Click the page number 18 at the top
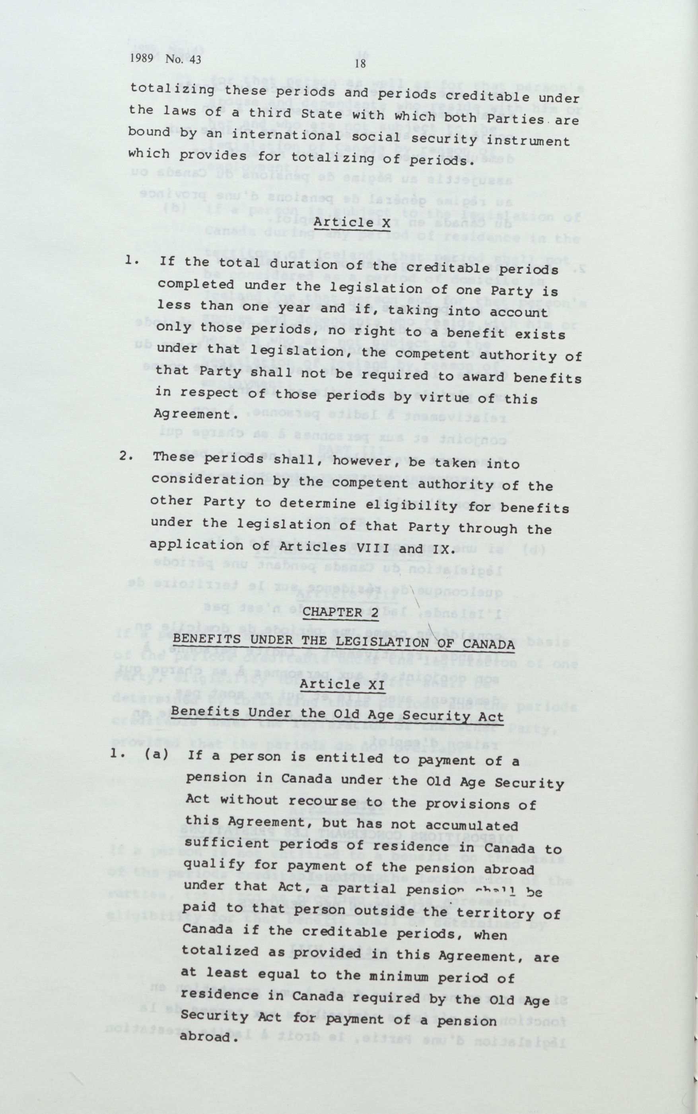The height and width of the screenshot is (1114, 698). [360, 64]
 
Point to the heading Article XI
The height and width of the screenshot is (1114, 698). [342, 685]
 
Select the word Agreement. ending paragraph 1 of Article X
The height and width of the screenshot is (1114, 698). [196, 414]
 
